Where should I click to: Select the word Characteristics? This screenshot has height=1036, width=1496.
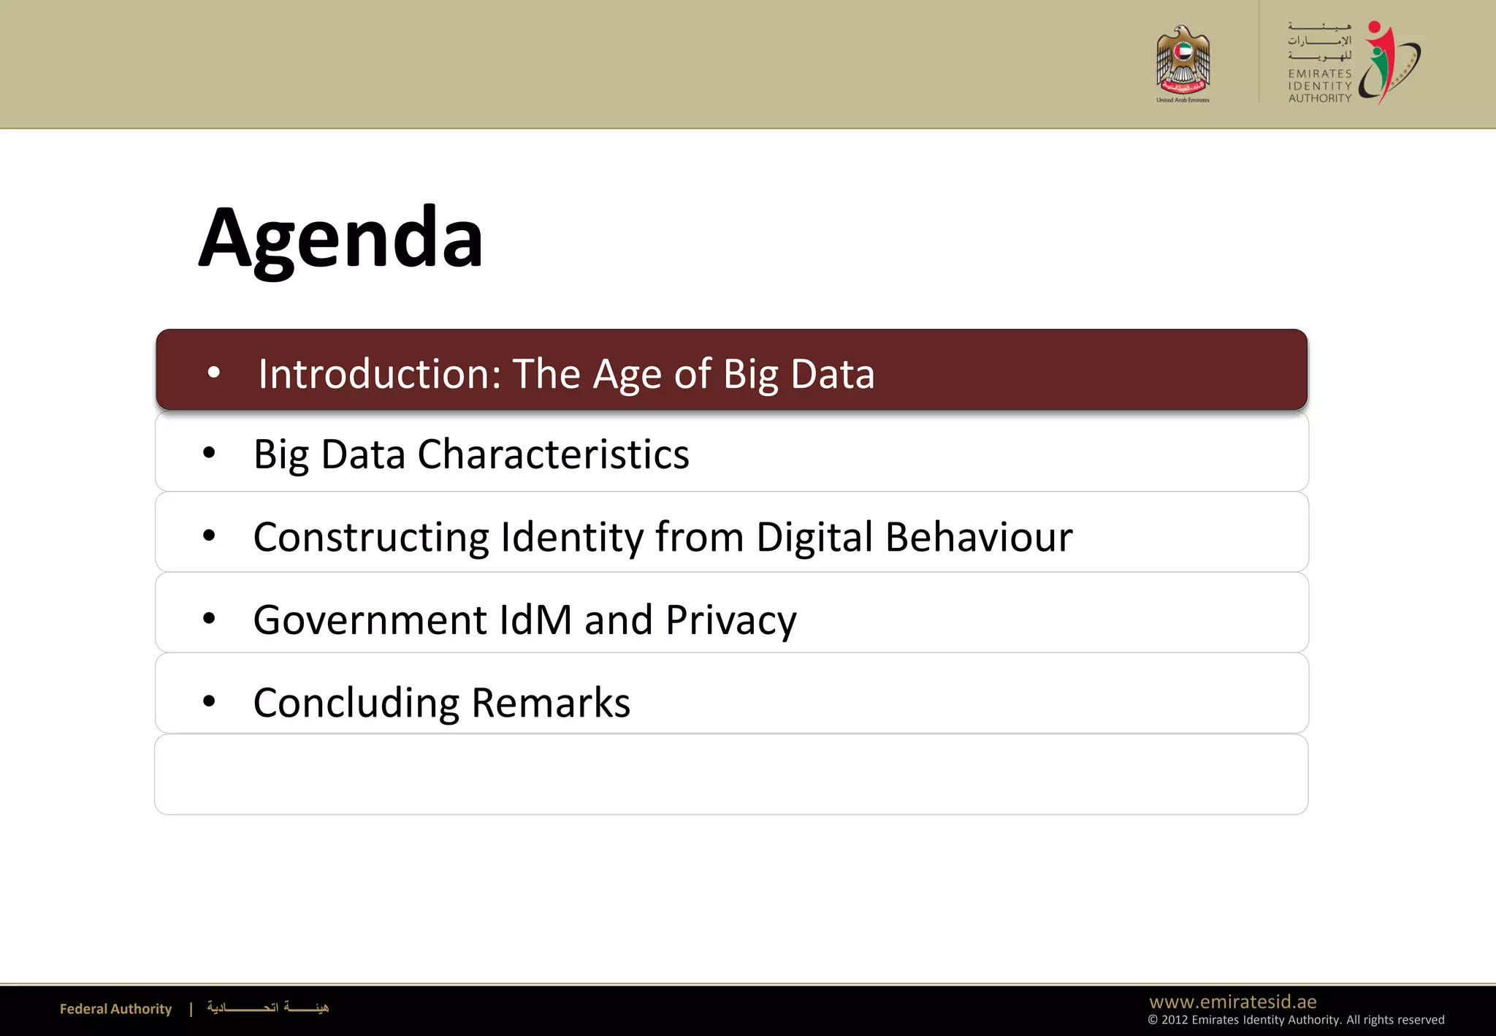click(553, 454)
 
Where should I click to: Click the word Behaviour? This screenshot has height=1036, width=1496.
click(979, 538)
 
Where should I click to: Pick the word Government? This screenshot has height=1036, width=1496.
click(370, 620)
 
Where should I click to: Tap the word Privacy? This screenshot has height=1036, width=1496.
click(730, 621)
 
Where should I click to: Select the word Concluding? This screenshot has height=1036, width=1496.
click(356, 703)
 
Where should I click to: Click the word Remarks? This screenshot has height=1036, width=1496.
click(551, 703)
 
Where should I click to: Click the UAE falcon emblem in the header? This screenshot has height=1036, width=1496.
click(1183, 61)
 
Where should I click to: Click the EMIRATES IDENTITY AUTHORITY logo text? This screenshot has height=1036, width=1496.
click(1319, 85)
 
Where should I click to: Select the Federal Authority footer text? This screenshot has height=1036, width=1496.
click(115, 1009)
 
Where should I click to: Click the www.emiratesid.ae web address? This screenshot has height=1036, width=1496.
click(1233, 1002)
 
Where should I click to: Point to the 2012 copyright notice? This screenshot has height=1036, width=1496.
click(1296, 1020)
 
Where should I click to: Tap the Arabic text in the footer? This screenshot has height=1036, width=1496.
click(268, 1008)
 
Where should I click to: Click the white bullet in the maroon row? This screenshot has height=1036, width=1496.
click(214, 373)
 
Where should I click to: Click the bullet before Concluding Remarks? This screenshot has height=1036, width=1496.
click(210, 701)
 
